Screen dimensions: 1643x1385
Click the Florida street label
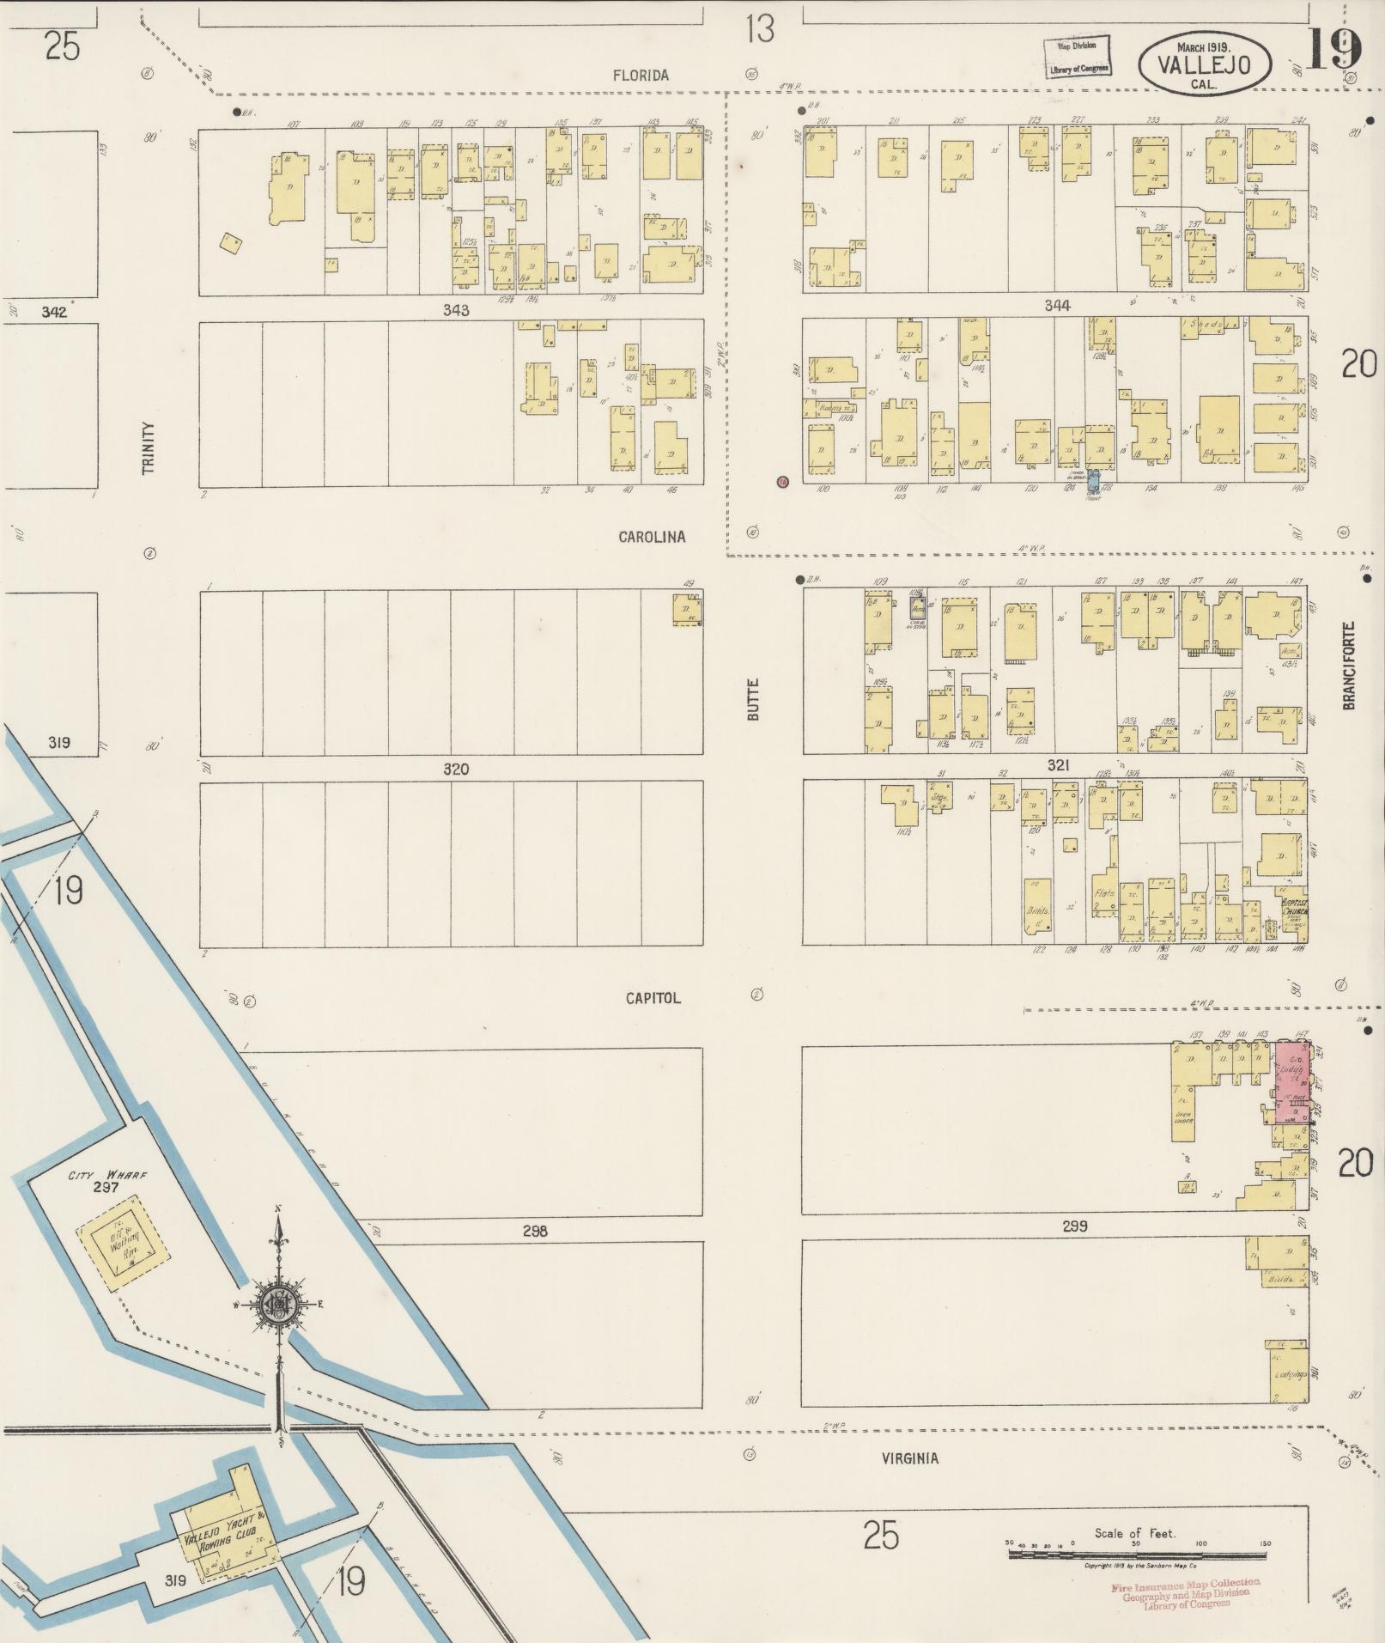pos(641,76)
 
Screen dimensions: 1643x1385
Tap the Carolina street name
pos(652,537)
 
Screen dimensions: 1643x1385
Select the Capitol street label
pos(653,998)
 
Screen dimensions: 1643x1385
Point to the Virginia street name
pos(909,1458)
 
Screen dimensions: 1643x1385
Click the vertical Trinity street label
pos(149,447)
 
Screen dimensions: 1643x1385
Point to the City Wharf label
pos(98,1175)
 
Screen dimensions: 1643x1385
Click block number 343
pos(455,310)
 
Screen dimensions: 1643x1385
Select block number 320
pos(455,770)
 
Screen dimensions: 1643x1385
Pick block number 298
pos(535,1231)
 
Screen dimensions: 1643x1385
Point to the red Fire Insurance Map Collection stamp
pos(1185,1594)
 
